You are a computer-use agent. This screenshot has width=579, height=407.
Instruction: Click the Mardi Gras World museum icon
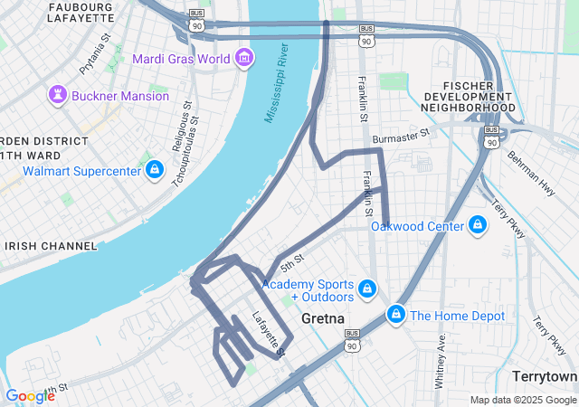(243, 59)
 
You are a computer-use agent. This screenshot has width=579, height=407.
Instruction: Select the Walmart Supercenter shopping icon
(155, 170)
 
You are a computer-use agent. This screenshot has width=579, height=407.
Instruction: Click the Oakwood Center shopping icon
(478, 225)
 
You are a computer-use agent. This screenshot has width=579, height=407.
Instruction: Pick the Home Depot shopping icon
(395, 315)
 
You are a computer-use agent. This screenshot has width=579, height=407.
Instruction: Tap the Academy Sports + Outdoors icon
(366, 289)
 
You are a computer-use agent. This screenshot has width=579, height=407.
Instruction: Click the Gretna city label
(320, 319)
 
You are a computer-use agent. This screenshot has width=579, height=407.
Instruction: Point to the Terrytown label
(544, 375)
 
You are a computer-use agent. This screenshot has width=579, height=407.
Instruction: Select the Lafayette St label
(269, 333)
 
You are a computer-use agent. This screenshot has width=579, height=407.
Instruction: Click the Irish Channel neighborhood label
(51, 246)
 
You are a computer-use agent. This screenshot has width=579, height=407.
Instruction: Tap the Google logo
(30, 395)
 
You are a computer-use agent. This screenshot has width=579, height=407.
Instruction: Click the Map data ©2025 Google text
(522, 400)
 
